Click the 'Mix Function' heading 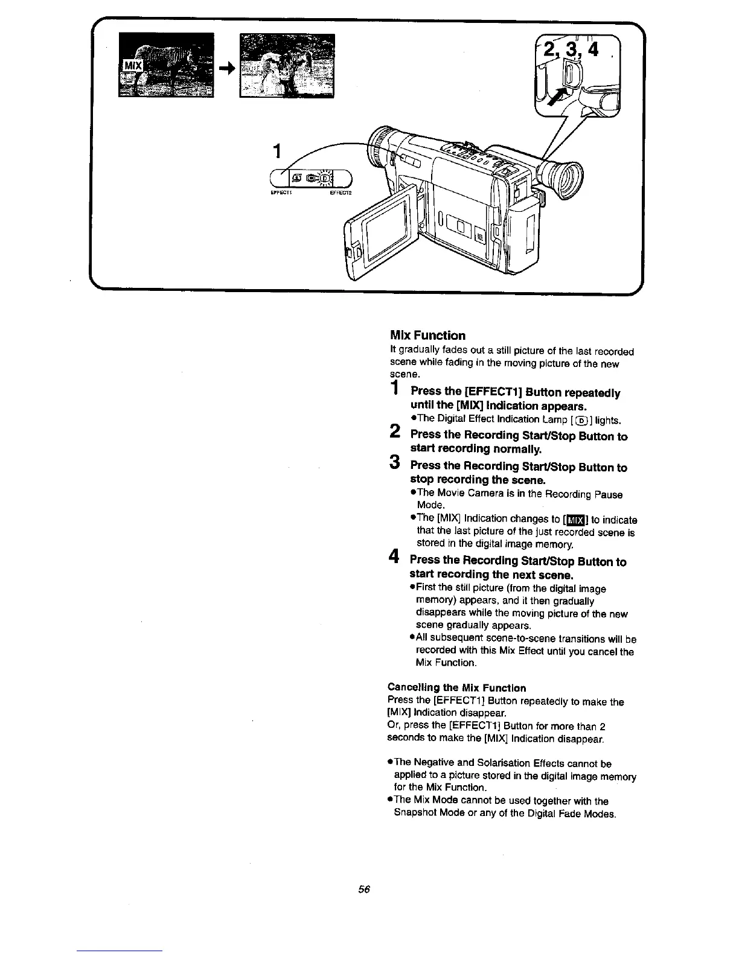pyautogui.click(x=427, y=336)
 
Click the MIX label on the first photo pyautogui.click(x=132, y=65)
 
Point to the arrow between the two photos pyautogui.click(x=226, y=68)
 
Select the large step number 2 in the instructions pyautogui.click(x=394, y=431)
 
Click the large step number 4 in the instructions pyautogui.click(x=394, y=558)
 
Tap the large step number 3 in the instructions pyautogui.click(x=394, y=462)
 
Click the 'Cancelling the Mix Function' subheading pyautogui.click(x=456, y=687)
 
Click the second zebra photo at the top pyautogui.click(x=287, y=65)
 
